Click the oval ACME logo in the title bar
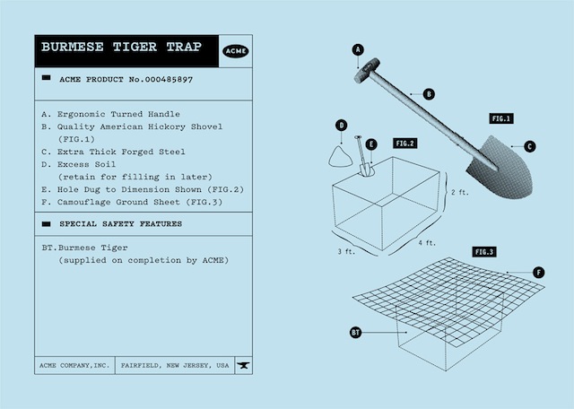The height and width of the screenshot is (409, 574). click(x=235, y=51)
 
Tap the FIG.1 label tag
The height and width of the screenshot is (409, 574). click(x=501, y=117)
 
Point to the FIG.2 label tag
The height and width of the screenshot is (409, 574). click(x=404, y=144)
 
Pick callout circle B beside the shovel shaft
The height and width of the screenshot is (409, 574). click(x=429, y=93)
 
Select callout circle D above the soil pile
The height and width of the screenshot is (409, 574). click(x=342, y=125)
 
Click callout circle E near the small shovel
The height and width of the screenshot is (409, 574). click(x=372, y=144)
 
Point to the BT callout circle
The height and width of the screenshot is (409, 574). click(x=356, y=333)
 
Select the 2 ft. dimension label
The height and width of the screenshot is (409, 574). click(x=458, y=192)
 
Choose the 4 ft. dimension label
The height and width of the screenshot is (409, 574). click(x=426, y=243)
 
